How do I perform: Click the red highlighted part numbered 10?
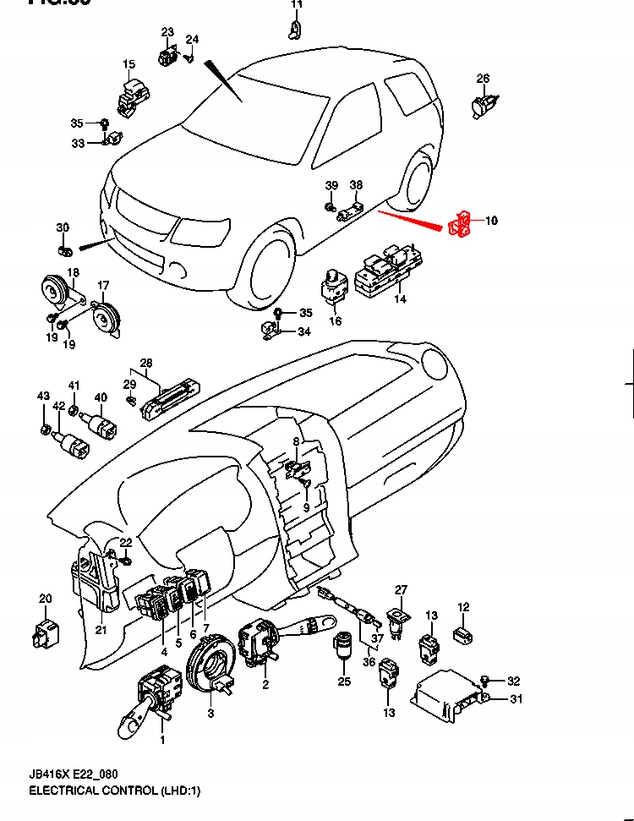(459, 225)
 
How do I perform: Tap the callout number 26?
(483, 79)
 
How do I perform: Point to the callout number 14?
(401, 299)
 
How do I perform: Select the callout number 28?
(146, 363)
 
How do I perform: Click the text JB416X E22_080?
(74, 773)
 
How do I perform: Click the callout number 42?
(58, 406)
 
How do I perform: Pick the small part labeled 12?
(462, 632)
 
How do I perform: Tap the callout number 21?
(101, 629)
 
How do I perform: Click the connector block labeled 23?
(167, 57)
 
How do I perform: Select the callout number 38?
(356, 185)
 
